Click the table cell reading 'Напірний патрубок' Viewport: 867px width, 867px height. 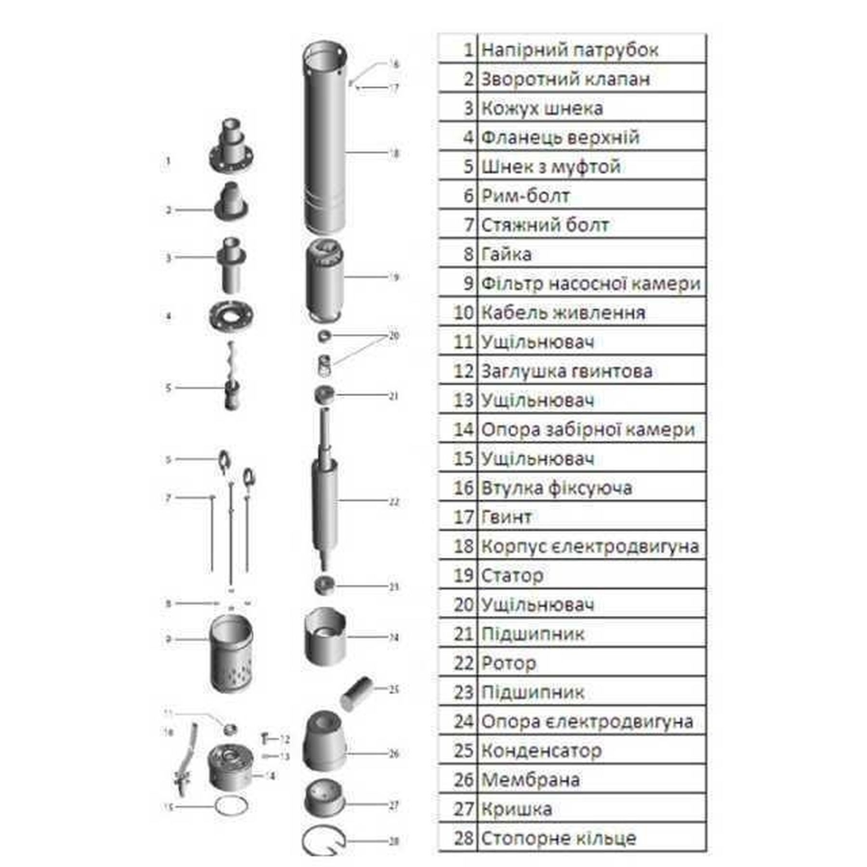tap(569, 50)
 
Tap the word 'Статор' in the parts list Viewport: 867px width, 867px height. tap(512, 575)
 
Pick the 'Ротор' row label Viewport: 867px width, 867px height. tap(509, 663)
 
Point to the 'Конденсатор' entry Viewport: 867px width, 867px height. tap(541, 750)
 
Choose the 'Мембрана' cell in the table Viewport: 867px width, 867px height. tap(530, 780)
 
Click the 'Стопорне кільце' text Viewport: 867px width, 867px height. tap(559, 839)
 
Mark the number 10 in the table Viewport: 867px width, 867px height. tap(464, 313)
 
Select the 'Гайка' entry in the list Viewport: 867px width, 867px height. tap(506, 254)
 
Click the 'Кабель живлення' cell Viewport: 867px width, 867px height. tap(563, 313)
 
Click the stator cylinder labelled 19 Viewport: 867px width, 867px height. tap(324, 282)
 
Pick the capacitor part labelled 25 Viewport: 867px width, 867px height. tap(356, 693)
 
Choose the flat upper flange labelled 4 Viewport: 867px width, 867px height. tap(231, 316)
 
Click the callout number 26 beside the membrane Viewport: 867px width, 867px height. tap(394, 754)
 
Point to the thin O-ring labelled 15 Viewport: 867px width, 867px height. tap(231, 807)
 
